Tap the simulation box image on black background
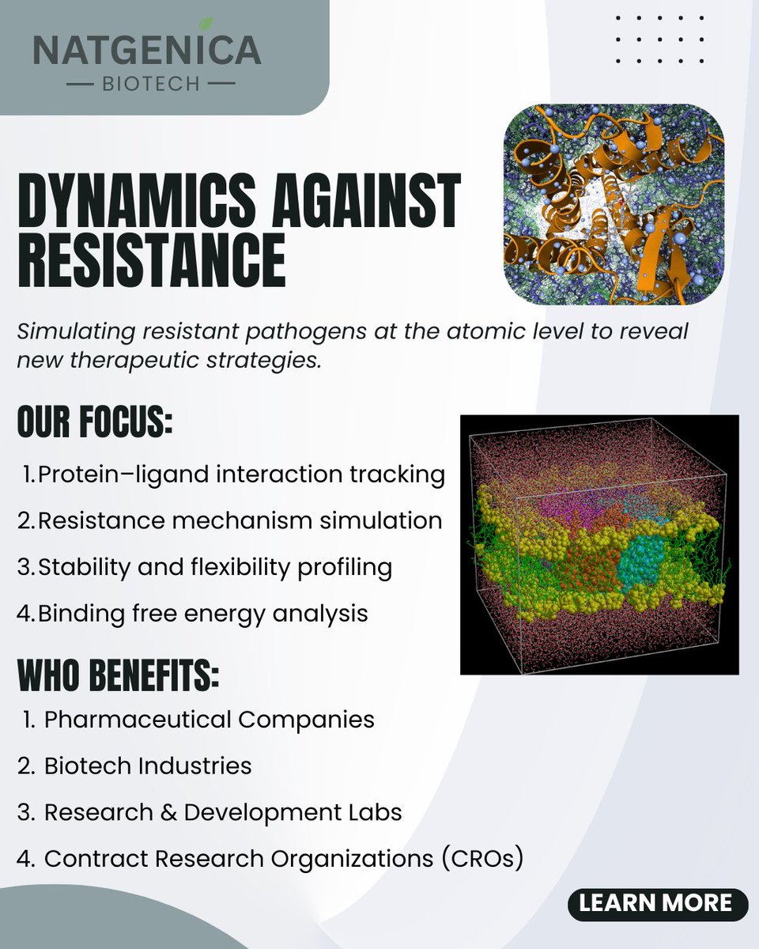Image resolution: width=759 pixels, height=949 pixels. tap(599, 544)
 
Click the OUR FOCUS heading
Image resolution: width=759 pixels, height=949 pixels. tap(95, 424)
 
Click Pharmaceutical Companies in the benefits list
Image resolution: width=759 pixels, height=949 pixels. tap(209, 720)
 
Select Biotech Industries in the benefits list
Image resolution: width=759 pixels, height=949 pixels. tap(148, 766)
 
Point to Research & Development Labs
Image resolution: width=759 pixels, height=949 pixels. tap(223, 812)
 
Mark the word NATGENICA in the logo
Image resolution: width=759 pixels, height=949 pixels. tap(147, 51)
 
